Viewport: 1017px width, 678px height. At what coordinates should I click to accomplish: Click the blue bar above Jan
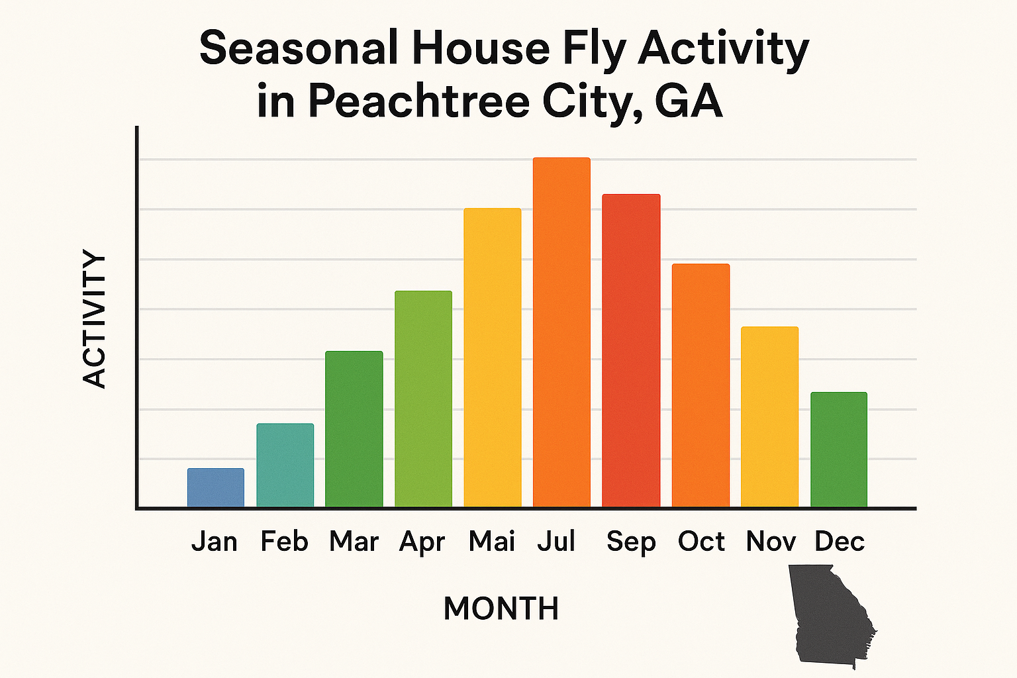pos(216,488)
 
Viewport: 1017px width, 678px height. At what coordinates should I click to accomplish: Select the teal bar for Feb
pos(285,465)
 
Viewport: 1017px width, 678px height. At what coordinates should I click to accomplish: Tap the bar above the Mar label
pos(354,429)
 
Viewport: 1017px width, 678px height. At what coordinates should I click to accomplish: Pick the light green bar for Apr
pos(423,399)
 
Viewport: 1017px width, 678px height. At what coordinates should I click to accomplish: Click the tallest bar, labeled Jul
pos(561,332)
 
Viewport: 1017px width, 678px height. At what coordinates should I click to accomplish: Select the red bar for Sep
pos(631,351)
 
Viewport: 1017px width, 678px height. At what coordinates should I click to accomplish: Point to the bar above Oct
pos(701,385)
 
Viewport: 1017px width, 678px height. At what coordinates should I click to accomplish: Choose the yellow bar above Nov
pos(769,417)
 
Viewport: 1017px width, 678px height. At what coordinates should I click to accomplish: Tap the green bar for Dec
pos(839,450)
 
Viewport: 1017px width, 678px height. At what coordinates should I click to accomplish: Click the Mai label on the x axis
pos(492,542)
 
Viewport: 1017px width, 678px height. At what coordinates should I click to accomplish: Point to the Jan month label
pos(215,542)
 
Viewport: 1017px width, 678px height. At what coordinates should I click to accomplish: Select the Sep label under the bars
pos(631,542)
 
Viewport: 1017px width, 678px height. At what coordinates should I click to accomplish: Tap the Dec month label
pos(840,542)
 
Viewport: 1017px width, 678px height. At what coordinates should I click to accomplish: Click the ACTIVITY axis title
pos(95,318)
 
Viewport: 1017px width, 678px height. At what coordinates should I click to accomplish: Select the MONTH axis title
pos(501,608)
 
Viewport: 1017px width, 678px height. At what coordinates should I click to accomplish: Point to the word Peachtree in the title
pos(419,101)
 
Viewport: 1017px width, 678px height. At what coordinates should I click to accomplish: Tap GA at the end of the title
pos(688,101)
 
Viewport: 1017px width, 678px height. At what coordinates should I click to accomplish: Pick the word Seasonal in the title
pos(299,48)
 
